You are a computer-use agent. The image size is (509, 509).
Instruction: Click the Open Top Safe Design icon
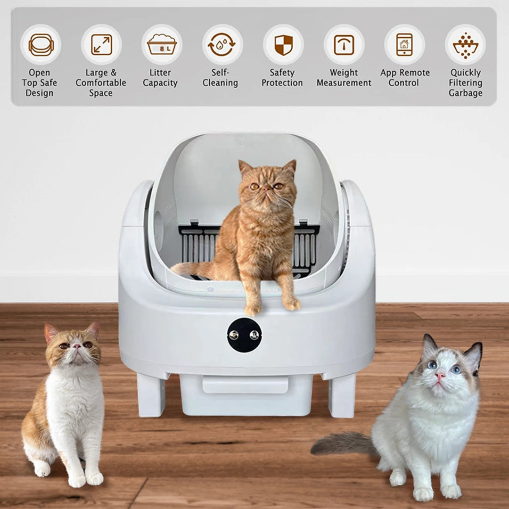(41, 45)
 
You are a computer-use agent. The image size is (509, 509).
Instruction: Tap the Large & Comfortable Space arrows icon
(101, 45)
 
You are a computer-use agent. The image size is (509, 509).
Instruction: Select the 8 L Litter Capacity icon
(162, 45)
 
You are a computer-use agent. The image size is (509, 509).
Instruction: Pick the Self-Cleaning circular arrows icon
(222, 45)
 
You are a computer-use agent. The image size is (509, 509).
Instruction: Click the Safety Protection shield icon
(283, 45)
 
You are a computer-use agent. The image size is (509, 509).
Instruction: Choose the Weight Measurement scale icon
(344, 45)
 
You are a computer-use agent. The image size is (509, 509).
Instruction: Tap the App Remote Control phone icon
(404, 45)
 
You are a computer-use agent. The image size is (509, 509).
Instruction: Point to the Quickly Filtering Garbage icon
(465, 45)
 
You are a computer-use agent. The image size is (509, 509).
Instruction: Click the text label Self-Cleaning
(220, 78)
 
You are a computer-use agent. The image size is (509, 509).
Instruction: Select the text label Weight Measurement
(344, 78)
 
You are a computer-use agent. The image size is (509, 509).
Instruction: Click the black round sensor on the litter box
(244, 335)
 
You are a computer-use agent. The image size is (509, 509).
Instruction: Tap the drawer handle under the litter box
(245, 384)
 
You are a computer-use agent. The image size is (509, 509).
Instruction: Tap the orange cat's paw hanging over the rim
(292, 304)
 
